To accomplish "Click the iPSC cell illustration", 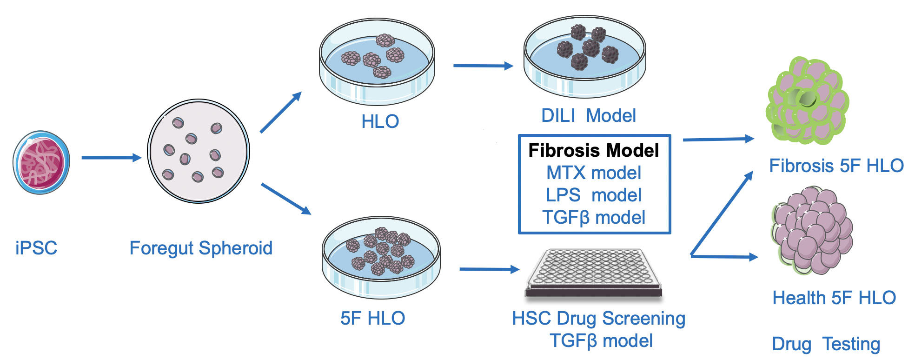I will [41, 162].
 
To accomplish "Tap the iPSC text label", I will [36, 248].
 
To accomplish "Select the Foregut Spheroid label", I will [201, 248].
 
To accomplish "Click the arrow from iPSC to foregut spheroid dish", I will [111, 158].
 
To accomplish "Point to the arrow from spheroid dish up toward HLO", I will [281, 112].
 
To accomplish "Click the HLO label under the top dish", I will [380, 121].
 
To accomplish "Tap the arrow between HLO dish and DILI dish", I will [483, 66].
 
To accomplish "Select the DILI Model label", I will [588, 115].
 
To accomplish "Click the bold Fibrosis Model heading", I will [594, 150].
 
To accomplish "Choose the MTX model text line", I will [594, 173].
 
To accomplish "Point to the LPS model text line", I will [594, 195].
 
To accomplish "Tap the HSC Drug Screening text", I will [598, 319].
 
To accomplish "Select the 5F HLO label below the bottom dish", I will [372, 318].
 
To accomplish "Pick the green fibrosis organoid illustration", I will [807, 101].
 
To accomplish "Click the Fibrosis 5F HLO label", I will [836, 166].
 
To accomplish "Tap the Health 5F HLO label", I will [834, 298].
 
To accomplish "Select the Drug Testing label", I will [826, 344].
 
